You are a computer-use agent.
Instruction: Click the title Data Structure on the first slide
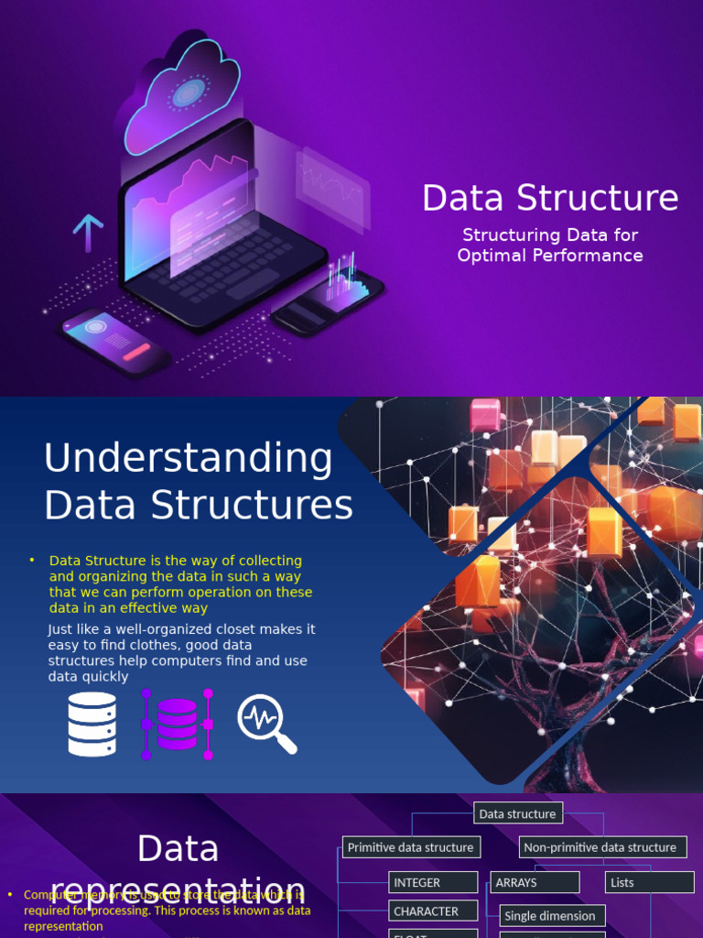click(x=550, y=198)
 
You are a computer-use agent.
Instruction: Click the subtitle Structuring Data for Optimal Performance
click(x=550, y=245)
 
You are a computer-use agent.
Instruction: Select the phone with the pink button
click(x=115, y=341)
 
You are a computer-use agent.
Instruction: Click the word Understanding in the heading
click(x=189, y=458)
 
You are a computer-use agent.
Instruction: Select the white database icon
click(x=92, y=724)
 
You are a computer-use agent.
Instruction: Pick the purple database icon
click(x=177, y=724)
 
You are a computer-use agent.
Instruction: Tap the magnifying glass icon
click(x=266, y=724)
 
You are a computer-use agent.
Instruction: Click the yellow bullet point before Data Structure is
click(x=32, y=561)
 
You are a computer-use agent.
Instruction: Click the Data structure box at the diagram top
click(x=517, y=813)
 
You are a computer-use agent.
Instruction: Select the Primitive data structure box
click(x=410, y=847)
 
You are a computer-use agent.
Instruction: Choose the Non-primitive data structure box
click(x=600, y=847)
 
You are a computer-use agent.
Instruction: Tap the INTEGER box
click(x=433, y=883)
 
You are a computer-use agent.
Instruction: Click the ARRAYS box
click(x=535, y=883)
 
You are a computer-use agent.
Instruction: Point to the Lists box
click(x=649, y=883)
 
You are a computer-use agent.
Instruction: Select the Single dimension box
click(x=552, y=916)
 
